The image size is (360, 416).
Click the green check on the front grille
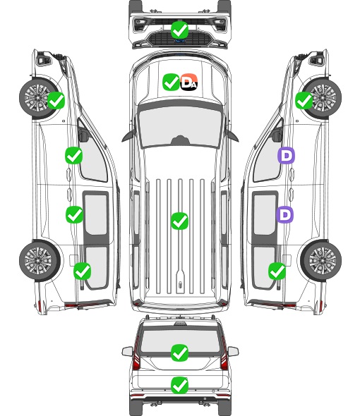coord(180,30)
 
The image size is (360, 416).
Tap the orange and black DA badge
coord(189,82)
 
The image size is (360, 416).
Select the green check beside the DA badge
coord(171,82)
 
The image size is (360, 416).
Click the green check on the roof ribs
coord(180,221)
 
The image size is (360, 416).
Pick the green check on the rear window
coord(180,353)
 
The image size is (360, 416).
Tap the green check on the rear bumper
coord(180,385)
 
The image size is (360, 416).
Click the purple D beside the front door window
coord(286,155)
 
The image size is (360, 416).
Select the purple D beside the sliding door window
coord(284,214)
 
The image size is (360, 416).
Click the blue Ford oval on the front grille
coord(180,41)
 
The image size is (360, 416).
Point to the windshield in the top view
coord(180,127)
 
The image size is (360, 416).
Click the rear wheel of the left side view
coord(40,260)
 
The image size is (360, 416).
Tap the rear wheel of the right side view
coord(321,260)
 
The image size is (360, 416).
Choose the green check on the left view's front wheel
coord(56,100)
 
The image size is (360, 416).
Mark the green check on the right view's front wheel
coord(304,100)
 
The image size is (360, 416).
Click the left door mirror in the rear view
coord(128,352)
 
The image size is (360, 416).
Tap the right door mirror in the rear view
coord(233,352)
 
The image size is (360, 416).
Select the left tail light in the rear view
coord(136,354)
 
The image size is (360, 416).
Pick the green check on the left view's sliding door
coord(74,214)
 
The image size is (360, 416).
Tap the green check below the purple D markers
coord(277,271)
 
